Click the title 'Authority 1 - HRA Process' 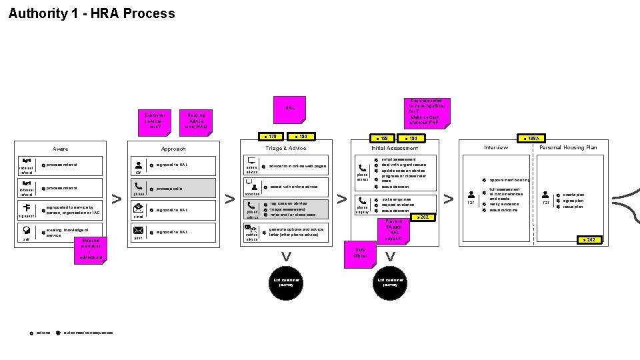[x=92, y=13]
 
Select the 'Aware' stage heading [x=60, y=149]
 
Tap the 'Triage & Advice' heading [x=285, y=148]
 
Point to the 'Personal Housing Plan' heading [x=568, y=147]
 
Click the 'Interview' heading [x=495, y=147]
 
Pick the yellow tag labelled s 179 [x=270, y=137]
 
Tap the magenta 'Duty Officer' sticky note [x=360, y=253]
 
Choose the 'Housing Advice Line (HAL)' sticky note [x=197, y=120]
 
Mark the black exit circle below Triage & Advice [x=286, y=283]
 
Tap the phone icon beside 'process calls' [x=138, y=187]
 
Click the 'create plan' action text [x=573, y=195]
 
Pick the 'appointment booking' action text [x=509, y=180]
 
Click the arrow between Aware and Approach [x=116, y=199]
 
